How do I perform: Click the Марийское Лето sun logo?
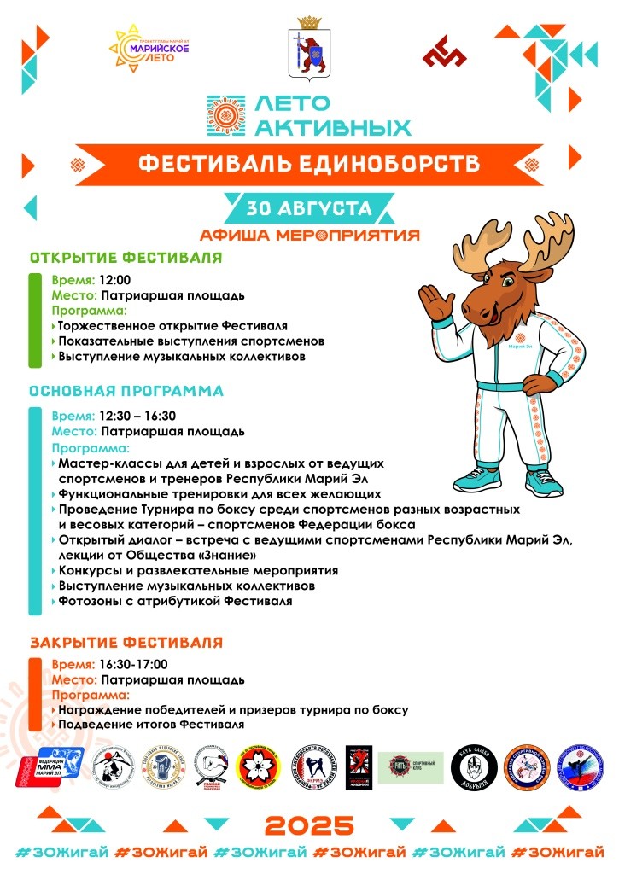point(151,48)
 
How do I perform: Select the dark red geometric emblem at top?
point(444,52)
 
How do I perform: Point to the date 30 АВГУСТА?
point(309,208)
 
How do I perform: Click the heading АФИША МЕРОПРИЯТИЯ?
point(309,235)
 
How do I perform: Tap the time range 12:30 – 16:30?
point(137,416)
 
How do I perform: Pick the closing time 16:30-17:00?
point(133,664)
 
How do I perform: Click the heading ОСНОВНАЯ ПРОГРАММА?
point(126,391)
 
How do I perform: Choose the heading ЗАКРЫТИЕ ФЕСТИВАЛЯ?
point(126,641)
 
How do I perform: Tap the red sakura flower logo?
point(258,765)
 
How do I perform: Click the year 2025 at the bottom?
point(308,825)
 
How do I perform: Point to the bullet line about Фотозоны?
point(175,601)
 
